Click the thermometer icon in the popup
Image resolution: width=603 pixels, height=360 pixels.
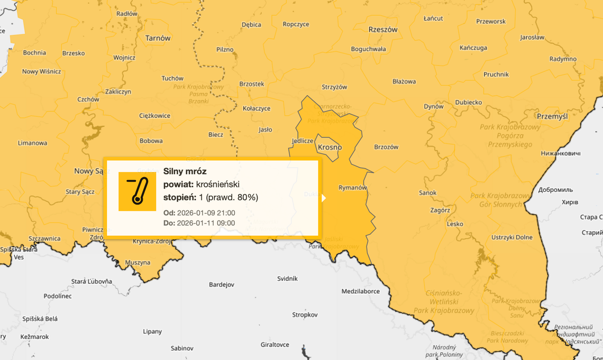point(137,191)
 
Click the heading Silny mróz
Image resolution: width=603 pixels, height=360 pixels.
point(185,171)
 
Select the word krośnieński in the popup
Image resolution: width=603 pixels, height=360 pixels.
point(217,184)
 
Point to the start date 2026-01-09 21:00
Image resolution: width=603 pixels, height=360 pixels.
point(206,213)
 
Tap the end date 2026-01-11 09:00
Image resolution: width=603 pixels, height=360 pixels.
point(206,223)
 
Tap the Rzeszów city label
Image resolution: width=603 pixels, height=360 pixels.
point(382,30)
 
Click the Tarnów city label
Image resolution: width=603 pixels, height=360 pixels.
point(158,38)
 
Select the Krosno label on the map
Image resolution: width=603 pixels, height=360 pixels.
point(330,147)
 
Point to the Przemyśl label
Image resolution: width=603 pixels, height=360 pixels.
point(552,116)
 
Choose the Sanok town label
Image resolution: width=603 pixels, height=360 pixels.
point(427,193)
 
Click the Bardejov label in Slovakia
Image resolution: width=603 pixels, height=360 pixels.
point(221,284)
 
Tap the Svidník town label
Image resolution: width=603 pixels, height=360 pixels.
point(287,279)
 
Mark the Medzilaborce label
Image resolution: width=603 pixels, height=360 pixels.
point(360,291)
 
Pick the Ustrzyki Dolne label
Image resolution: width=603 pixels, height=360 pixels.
point(511,237)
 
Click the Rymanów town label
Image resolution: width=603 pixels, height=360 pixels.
point(352,187)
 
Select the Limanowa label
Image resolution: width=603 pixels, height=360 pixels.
point(32,143)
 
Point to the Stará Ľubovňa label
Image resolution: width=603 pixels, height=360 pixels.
point(92,282)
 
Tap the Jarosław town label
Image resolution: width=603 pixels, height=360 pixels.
point(532,38)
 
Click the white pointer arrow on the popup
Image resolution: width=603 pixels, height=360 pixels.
point(323,198)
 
